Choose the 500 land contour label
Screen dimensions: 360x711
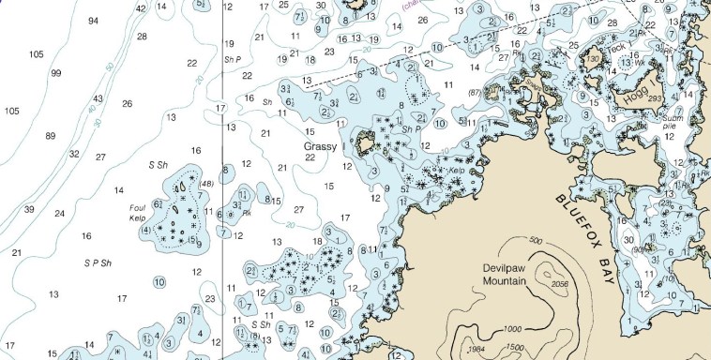point(536,242)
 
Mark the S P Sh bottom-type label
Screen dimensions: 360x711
point(98,262)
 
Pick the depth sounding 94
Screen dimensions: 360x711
point(93,21)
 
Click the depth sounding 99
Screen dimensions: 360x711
point(56,73)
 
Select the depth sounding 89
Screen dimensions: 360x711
point(51,136)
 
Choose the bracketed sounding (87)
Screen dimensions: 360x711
point(475,92)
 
